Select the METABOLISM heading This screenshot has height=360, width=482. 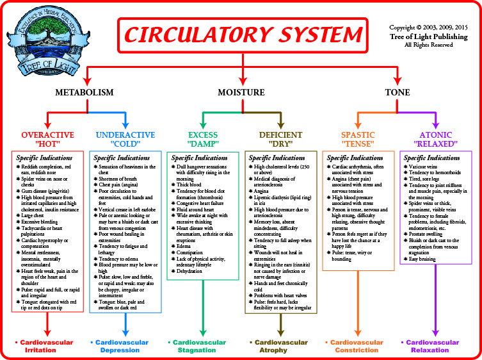[x=84, y=92]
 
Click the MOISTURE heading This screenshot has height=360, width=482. [x=241, y=92]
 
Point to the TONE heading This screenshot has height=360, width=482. [x=398, y=92]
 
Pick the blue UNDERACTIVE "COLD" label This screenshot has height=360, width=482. [x=125, y=140]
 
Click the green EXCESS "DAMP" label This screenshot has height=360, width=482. [x=203, y=140]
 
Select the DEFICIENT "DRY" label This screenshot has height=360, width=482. [x=281, y=140]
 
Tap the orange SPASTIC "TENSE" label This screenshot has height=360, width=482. [x=358, y=140]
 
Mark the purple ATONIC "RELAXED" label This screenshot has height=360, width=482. [x=436, y=140]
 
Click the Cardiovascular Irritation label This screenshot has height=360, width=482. [x=46, y=347]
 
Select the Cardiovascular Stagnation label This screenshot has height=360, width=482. [x=203, y=347]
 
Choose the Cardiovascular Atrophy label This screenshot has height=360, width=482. [x=280, y=347]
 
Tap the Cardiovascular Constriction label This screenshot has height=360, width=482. [x=358, y=347]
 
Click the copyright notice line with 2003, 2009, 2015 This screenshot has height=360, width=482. [x=429, y=28]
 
